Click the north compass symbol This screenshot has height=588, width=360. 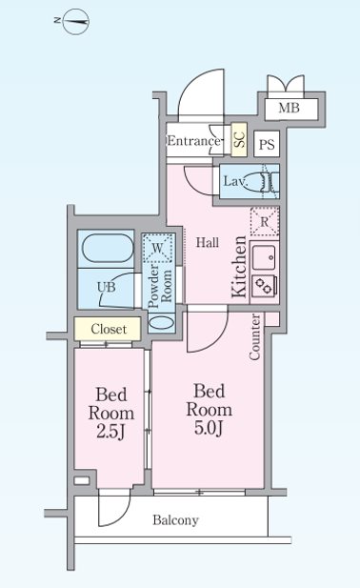click(75, 21)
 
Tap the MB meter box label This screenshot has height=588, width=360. click(290, 108)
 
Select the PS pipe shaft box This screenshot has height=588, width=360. click(267, 144)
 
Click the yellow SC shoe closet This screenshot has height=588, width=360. click(239, 139)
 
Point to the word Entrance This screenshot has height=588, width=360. click(193, 141)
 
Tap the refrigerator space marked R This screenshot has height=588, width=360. click(265, 221)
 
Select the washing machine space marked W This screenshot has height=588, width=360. click(158, 248)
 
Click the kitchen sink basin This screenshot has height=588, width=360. click(265, 257)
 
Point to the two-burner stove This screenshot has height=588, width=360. click(265, 286)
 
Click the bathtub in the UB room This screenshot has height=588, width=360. click(108, 248)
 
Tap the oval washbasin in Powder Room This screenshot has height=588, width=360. click(162, 322)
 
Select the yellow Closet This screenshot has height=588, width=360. click(108, 329)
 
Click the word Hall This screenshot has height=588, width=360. click(208, 243)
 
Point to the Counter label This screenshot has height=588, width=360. click(254, 337)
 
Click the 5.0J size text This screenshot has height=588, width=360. click(209, 428)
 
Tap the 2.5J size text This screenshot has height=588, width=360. click(110, 432)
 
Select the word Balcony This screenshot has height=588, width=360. click(175, 520)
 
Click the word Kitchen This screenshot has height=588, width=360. click(239, 267)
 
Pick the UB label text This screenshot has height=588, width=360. click(106, 287)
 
